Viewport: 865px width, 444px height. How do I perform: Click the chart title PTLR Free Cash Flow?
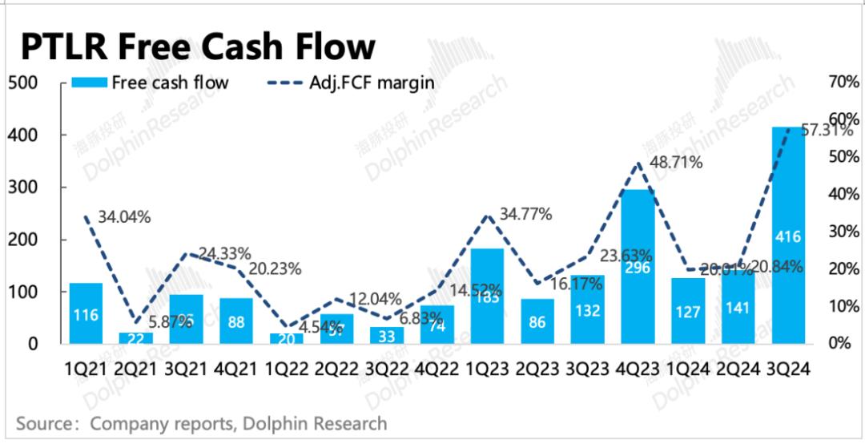tap(197, 46)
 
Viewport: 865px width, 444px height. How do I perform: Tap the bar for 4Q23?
tap(638, 267)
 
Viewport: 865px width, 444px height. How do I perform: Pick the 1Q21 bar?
tap(86, 313)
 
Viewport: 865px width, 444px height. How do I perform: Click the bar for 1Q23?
tap(488, 297)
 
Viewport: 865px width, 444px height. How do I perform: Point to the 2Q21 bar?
tap(135, 338)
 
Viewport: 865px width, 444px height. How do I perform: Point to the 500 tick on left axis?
tap(24, 83)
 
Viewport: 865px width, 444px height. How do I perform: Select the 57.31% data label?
tap(825, 131)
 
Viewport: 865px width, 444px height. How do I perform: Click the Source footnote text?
tap(201, 423)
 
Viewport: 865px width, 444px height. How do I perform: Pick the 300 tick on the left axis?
tap(24, 188)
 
